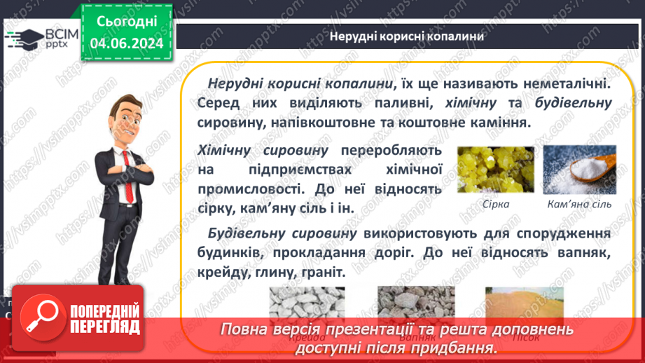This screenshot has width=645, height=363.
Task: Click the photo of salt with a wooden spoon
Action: coord(579,169)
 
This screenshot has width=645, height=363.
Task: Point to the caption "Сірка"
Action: coord(495,205)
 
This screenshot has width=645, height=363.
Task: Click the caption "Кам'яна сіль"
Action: coord(579,205)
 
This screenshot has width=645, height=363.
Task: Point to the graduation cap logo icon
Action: coord(23,36)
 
